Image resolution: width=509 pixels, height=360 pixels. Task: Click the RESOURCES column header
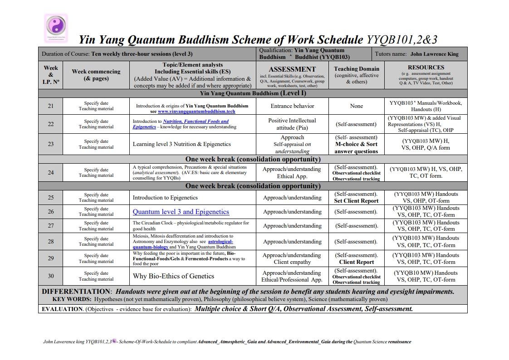[426, 68]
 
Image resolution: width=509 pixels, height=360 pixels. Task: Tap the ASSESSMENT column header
[292, 69]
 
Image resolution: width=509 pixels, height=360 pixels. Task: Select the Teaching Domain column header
[356, 69]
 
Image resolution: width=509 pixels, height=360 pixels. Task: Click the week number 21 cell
[51, 106]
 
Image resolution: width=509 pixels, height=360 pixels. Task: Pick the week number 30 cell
[51, 276]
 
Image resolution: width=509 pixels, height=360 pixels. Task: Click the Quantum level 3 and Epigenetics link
[181, 212]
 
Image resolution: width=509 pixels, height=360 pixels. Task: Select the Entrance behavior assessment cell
[292, 106]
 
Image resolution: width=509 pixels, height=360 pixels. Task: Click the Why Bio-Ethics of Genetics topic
[173, 276]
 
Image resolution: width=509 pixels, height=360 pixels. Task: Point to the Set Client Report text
[356, 201]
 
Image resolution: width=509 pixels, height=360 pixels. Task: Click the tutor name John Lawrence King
[434, 54]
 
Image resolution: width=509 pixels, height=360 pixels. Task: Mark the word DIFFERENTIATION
[76, 292]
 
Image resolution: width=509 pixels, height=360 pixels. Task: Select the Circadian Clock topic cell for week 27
[191, 226]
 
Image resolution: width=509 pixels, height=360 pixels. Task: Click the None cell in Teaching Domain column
[356, 106]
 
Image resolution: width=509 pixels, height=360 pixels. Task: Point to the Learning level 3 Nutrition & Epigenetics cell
[181, 144]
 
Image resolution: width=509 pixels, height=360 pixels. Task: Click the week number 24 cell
[51, 172]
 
